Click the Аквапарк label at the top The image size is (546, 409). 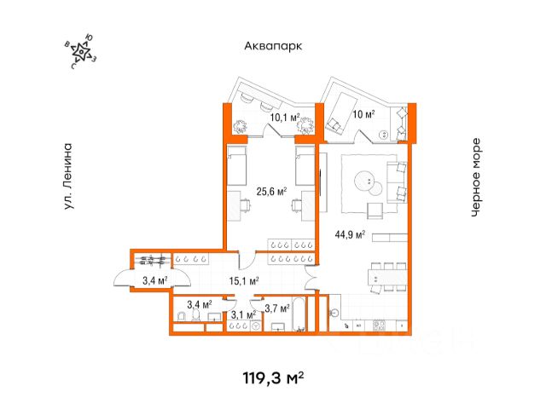point(273,46)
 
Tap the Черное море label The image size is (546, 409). point(476,178)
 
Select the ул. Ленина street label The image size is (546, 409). point(68,176)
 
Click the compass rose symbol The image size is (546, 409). point(82,52)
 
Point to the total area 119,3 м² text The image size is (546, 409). point(273,378)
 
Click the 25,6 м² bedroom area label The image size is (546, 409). point(271,191)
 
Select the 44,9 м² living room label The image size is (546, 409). point(350,234)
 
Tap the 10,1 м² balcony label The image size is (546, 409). point(285,118)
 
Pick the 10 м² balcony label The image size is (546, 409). point(364,113)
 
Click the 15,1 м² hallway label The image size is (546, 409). point(244,280)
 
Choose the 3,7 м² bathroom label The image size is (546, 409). point(277,308)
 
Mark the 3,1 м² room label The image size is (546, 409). point(243,315)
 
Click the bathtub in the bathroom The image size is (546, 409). point(299,314)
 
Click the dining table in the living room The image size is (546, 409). point(387,277)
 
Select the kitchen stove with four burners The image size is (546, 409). point(379,325)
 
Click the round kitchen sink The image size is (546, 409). point(334,313)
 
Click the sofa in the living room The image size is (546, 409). point(397,182)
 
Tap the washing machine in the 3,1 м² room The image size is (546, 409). point(256,325)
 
